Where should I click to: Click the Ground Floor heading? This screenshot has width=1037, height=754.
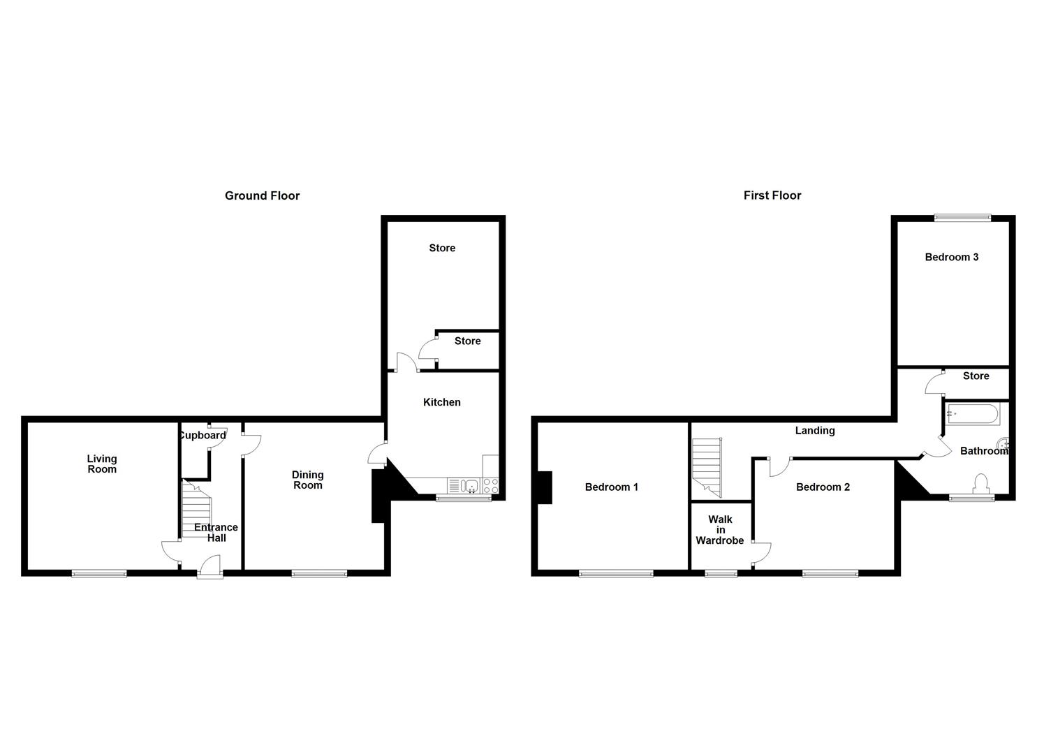262,196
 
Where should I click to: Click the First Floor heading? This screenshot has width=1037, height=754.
772,196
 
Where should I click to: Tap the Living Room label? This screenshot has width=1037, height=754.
102,464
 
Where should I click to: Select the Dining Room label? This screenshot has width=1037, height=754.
307,480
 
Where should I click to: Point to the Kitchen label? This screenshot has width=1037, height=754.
441,402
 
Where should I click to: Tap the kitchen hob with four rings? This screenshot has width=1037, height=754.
491,486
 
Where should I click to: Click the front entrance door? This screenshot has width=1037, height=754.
209,567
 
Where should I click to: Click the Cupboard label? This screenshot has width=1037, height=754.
202,436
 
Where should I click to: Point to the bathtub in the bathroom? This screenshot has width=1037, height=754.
972,414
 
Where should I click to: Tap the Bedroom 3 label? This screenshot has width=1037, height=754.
951,257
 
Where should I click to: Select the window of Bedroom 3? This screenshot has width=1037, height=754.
962,217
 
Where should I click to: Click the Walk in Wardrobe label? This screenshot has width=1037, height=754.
720,530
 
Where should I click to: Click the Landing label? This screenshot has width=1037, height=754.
815,431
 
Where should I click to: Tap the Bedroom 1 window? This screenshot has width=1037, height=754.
616,574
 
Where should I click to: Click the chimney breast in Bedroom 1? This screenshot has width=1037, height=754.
545,487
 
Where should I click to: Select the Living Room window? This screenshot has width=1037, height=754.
99,574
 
